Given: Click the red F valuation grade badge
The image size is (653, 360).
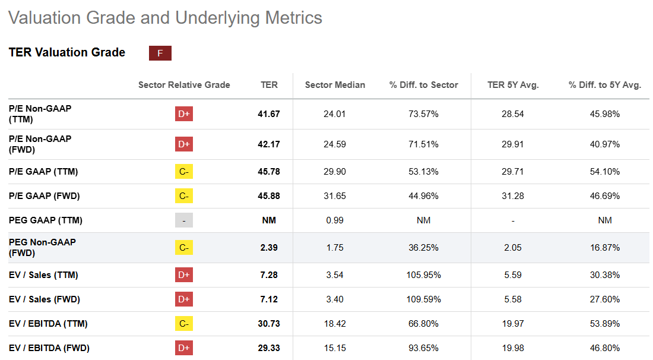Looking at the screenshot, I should click(x=160, y=53).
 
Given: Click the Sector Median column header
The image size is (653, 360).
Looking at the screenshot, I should click(x=335, y=85).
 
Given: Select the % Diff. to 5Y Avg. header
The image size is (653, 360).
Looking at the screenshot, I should click(x=605, y=85).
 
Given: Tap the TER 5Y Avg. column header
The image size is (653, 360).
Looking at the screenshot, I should click(x=512, y=85).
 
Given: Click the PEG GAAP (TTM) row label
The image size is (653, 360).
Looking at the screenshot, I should click(x=46, y=220).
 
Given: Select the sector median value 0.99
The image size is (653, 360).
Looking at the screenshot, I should click(x=335, y=220).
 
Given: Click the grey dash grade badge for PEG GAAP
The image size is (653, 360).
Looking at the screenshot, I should click(x=184, y=220).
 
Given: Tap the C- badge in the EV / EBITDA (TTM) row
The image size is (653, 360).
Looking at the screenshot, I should click(x=184, y=324).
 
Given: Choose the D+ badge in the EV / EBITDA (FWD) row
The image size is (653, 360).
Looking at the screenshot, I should click(x=184, y=348).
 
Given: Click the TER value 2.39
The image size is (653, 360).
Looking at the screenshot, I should click(x=269, y=248).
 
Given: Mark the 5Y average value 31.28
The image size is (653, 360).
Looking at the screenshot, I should click(x=512, y=196).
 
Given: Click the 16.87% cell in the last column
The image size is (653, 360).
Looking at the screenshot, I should click(x=605, y=248).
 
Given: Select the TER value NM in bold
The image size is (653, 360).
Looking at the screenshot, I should click(x=269, y=220).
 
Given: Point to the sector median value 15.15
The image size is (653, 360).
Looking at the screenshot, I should click(x=335, y=348).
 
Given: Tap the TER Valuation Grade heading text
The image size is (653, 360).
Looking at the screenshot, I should click(x=67, y=52).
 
